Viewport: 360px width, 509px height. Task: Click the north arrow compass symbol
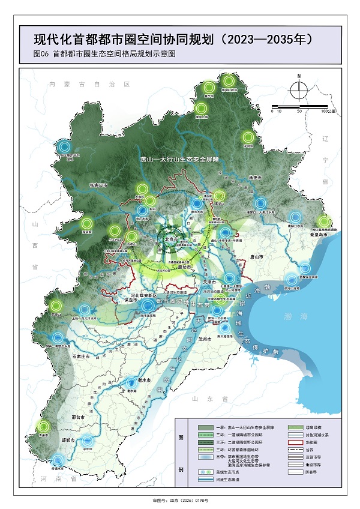298,90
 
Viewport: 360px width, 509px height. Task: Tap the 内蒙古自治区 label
90,85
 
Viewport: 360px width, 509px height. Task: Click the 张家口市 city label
98,185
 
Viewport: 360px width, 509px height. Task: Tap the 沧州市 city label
206,339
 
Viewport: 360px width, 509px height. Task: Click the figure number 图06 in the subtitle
41,54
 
